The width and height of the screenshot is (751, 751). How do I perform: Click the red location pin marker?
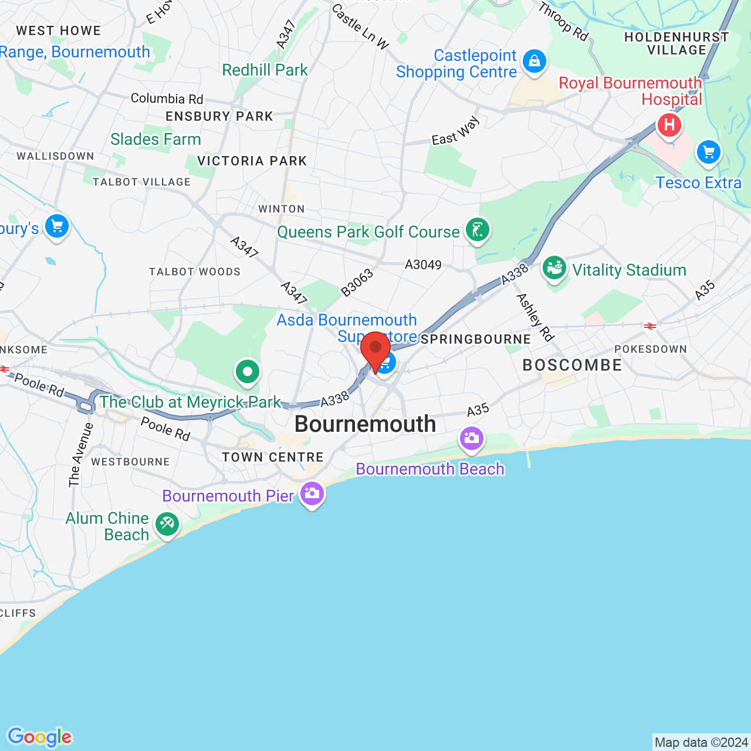coord(375,350)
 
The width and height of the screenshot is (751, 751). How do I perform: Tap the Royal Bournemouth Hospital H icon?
coord(669,125)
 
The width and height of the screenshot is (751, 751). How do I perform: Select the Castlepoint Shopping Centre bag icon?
coord(534,61)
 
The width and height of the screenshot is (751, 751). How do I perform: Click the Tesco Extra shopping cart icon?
coord(709,153)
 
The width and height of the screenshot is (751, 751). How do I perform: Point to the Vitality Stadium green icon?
coord(554,269)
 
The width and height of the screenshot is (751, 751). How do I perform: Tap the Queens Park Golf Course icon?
coord(478,230)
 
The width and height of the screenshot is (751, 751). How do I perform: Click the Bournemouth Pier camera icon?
coord(312,494)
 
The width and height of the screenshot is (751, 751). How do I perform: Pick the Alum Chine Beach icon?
coord(167,524)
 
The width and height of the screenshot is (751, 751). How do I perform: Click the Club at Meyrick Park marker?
coord(248,371)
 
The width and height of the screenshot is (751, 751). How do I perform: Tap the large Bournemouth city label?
coord(365,424)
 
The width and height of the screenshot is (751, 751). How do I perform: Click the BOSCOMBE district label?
coord(572,365)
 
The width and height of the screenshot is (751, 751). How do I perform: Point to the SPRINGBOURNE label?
coord(476,339)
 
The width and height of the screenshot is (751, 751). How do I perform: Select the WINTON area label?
coord(282,209)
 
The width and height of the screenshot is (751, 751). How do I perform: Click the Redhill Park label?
coord(265,70)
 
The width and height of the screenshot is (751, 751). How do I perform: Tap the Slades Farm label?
coord(155,139)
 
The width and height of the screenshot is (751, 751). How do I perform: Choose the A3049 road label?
coord(423,265)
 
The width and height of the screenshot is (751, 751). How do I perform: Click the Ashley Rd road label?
coord(535,317)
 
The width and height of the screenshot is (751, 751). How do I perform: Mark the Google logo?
coord(40,737)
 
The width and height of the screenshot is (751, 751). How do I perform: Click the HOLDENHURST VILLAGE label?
coord(676,43)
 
